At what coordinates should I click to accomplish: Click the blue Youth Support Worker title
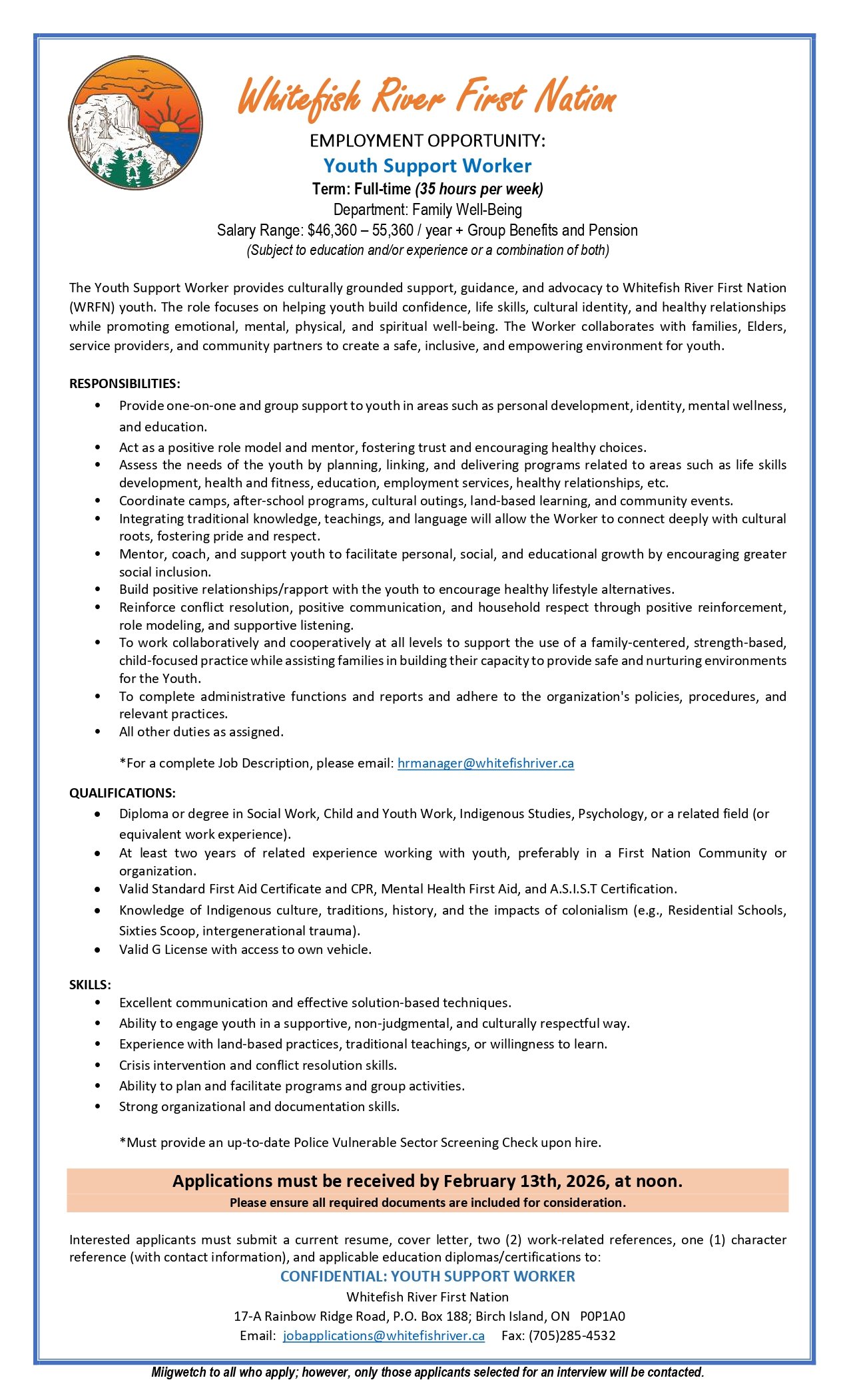pos(427,166)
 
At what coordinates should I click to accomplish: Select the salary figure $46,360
pos(332,230)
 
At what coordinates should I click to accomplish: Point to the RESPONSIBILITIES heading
pos(125,383)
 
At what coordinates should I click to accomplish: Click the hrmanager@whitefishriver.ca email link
pos(485,763)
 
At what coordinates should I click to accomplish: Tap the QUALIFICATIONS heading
pos(123,793)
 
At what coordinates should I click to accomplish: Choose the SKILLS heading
pos(90,985)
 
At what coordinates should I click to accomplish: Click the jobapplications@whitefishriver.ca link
pos(384,1335)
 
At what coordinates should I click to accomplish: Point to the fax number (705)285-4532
pos(572,1335)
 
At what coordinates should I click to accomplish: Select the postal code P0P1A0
pos(603,1316)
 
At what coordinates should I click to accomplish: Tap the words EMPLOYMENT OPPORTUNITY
pos(427,140)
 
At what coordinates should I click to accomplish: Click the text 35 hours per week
pos(479,189)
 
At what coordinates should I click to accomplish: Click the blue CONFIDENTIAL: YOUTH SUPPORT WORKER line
pos(427,1276)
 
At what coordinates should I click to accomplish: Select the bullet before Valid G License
pos(98,950)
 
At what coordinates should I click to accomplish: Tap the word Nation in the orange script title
pos(577,97)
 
